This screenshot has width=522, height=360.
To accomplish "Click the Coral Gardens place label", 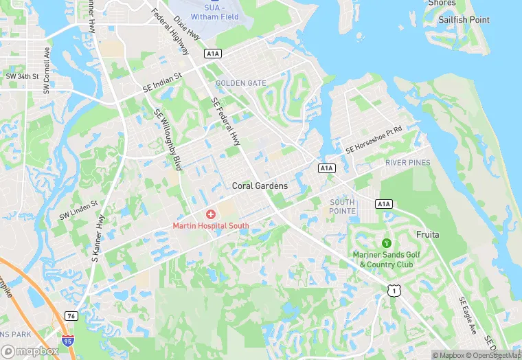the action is [260, 185].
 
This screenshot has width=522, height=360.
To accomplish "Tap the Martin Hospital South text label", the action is [211, 226].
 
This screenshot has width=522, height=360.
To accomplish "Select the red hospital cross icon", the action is [211, 215].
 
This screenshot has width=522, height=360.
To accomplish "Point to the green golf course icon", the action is [386, 243].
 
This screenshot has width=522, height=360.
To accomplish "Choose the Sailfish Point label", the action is [464, 20].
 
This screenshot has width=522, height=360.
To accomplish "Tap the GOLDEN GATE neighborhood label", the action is [240, 83].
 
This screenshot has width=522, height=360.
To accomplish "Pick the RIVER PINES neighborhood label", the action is [408, 163].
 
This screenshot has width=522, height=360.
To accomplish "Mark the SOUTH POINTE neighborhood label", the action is [343, 206].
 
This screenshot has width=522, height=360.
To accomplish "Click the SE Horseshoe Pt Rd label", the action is [383, 139].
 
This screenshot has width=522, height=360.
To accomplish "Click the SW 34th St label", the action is [22, 76].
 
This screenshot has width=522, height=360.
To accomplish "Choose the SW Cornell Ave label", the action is [47, 70].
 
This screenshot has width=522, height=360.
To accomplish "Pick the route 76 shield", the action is [72, 315].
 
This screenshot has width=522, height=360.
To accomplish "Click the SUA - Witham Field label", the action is [215, 12].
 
